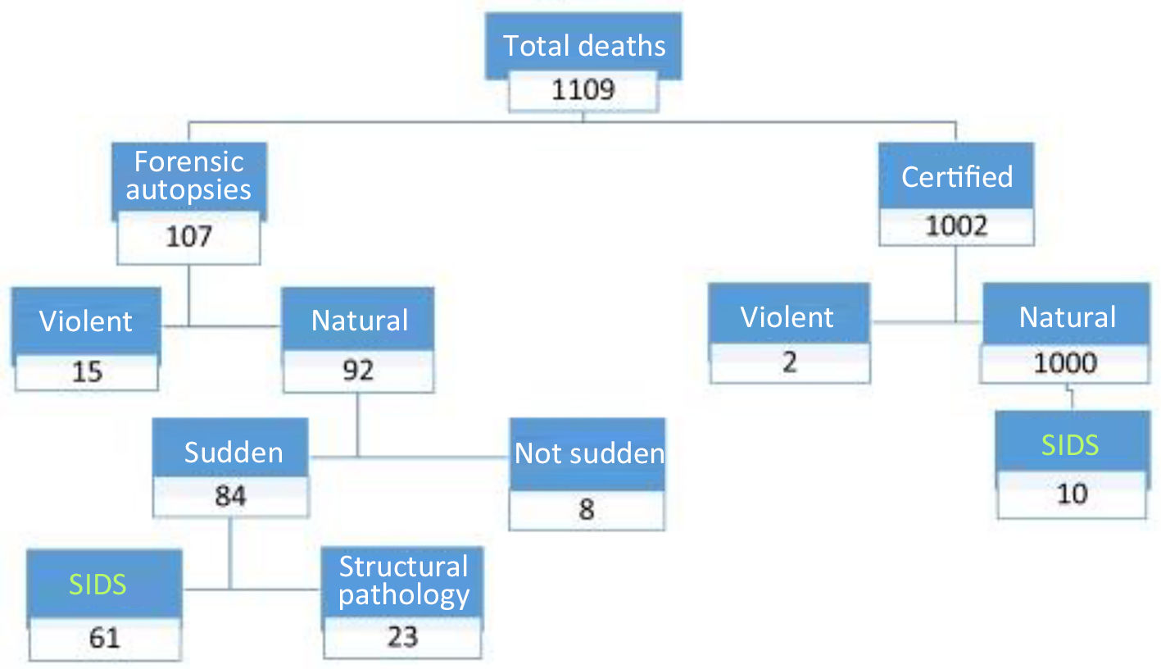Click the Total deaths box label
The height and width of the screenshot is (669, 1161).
coord(583,46)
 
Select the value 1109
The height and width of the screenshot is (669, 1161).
coord(583,89)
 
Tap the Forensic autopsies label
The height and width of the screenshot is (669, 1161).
coord(188,175)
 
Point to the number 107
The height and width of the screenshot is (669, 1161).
coord(188,237)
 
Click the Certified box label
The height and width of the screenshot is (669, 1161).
coord(956,176)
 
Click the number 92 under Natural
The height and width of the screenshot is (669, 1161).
coord(359,370)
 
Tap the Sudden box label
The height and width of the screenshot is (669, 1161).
coord(234,452)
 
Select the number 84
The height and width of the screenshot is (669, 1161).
coord(230,496)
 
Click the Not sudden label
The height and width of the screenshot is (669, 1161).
coord(589,453)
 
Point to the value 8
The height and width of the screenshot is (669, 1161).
coord(587,509)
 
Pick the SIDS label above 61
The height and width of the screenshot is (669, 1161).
coord(98,584)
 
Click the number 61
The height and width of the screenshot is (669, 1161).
coord(104,638)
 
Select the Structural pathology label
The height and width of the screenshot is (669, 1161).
coord(403,580)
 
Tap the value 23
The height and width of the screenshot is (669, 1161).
coord(402,636)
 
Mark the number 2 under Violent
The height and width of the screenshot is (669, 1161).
coord(789,362)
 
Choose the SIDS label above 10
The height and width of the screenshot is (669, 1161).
coord(1070,444)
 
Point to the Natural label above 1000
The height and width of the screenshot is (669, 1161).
coord(1067,317)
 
